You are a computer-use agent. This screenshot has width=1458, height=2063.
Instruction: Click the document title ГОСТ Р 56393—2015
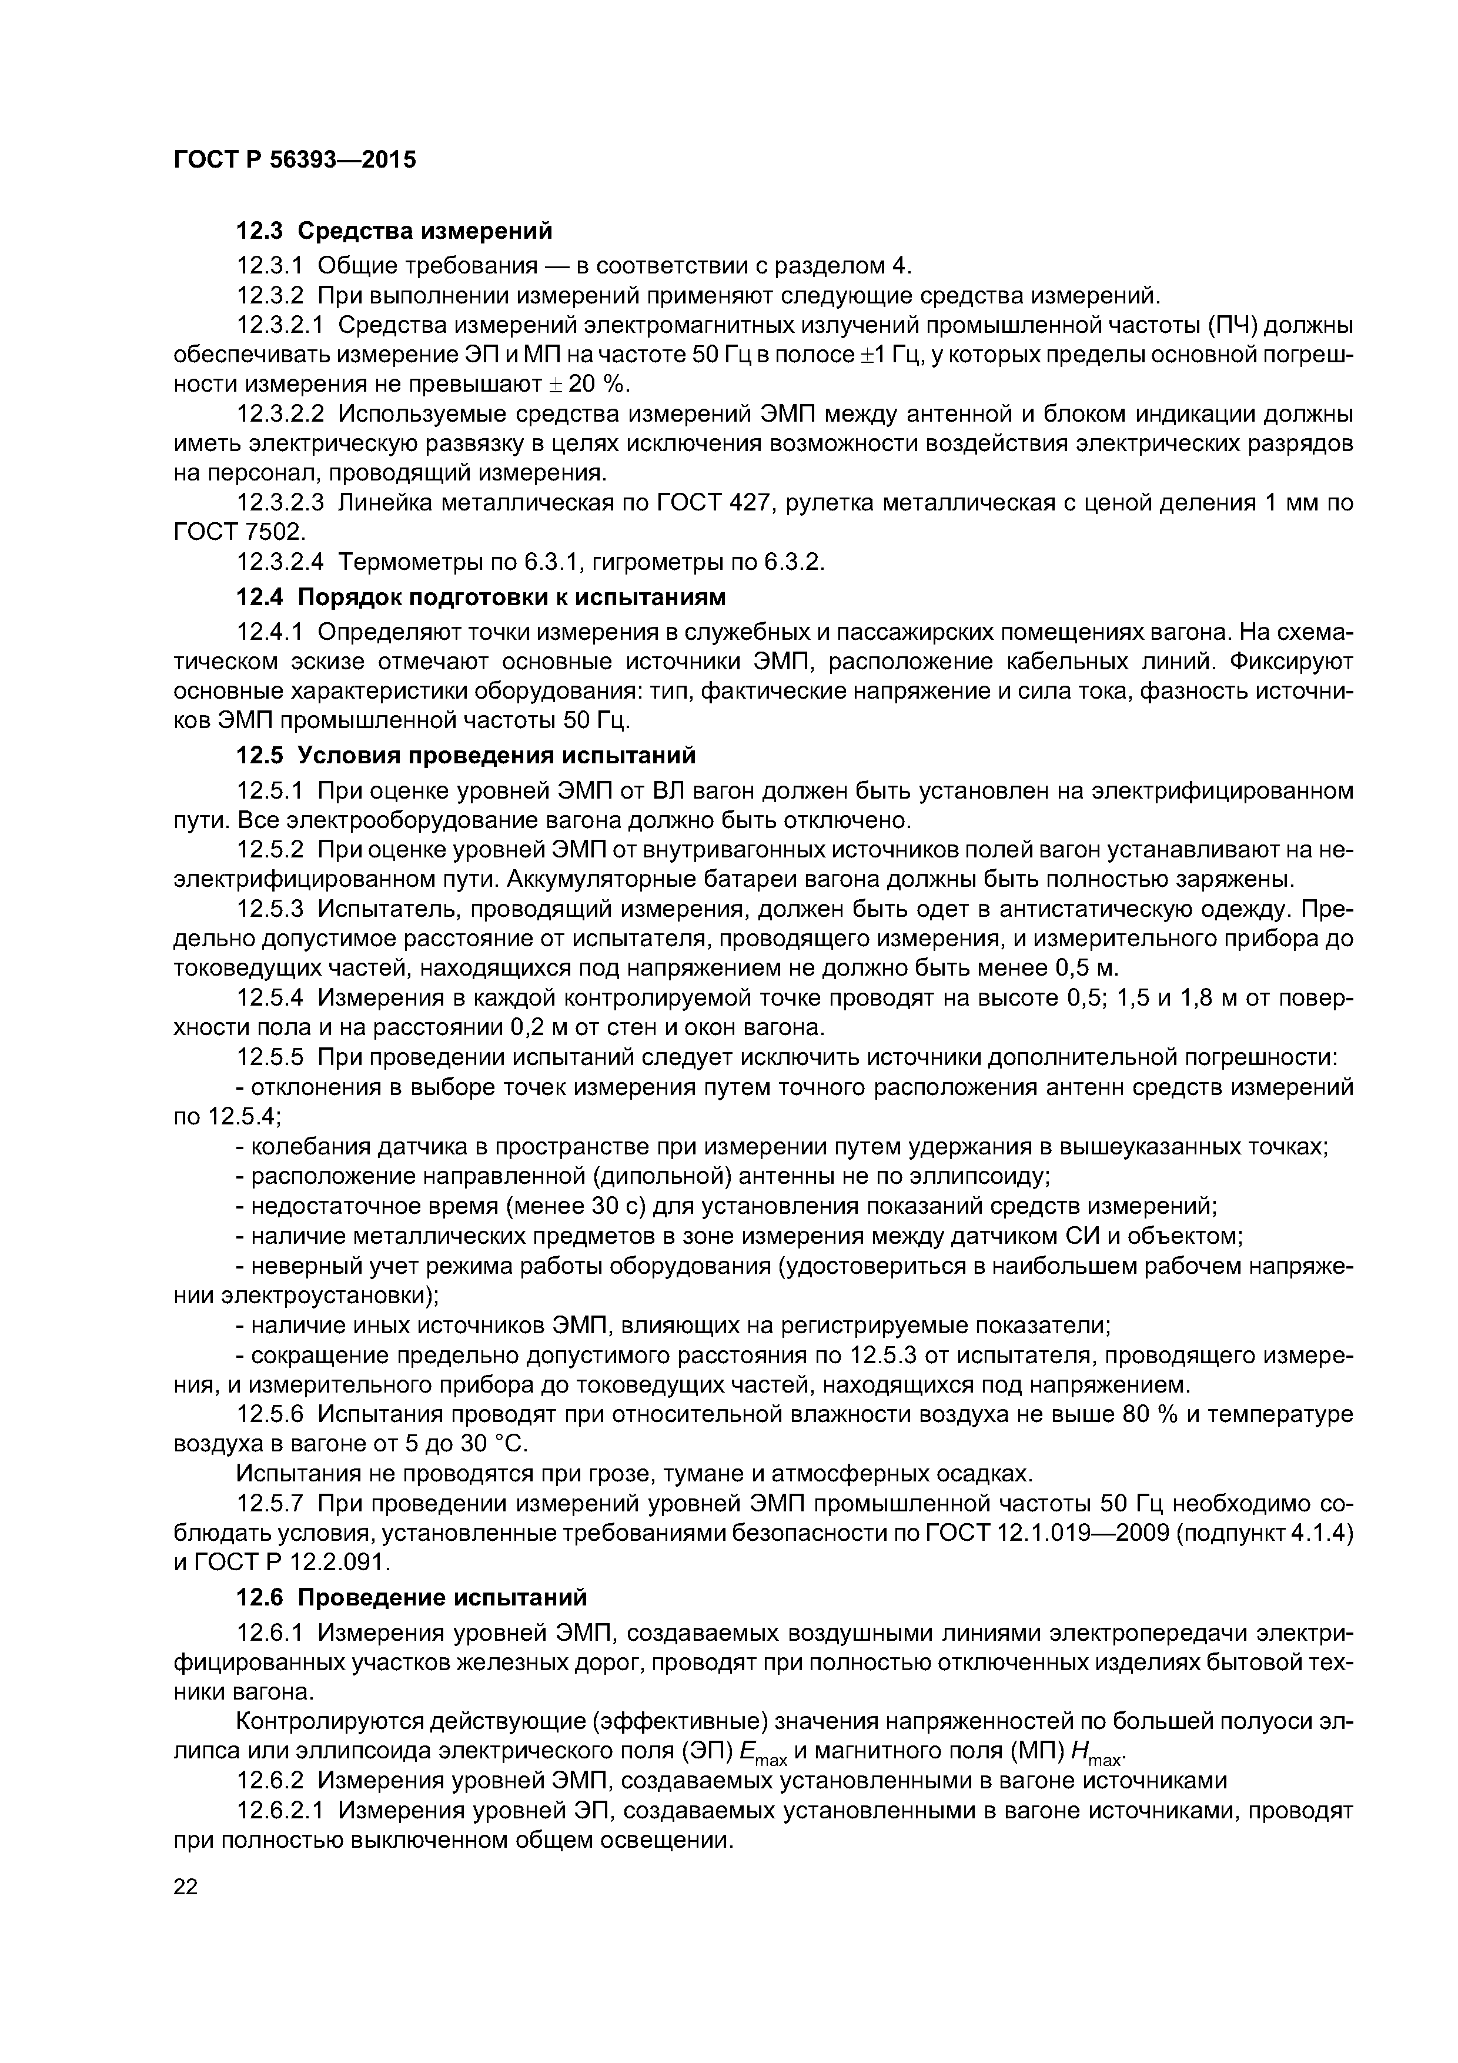pyautogui.click(x=295, y=160)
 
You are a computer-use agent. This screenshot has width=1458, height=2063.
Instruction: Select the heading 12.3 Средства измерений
pyautogui.click(x=393, y=231)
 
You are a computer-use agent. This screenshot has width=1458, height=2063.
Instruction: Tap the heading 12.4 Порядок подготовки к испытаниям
pyautogui.click(x=480, y=597)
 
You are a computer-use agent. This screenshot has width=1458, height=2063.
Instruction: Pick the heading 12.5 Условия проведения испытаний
pyautogui.click(x=466, y=755)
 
